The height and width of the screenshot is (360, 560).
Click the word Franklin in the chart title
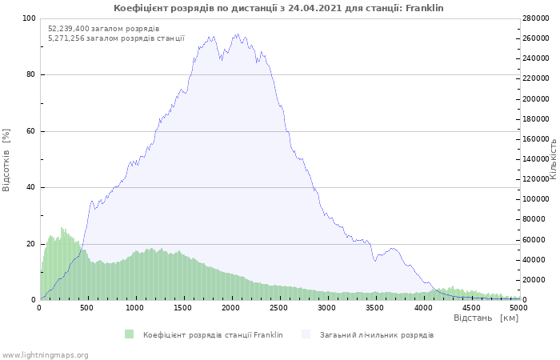coord(425,8)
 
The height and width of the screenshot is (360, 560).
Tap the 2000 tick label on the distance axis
coord(230,308)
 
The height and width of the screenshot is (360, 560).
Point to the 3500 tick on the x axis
coord(374,308)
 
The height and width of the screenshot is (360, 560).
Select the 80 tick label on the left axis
coord(30,74)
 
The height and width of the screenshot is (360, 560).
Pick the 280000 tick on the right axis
coord(536,18)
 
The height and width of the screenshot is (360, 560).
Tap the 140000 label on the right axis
coord(536,159)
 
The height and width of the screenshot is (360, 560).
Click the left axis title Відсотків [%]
coord(6,160)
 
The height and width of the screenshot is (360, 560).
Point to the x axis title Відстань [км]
coord(486,318)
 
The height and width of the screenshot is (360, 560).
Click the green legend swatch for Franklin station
coord(129,334)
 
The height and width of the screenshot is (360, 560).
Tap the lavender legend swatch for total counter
coord(306,334)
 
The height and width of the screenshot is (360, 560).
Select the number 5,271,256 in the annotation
coord(66,38)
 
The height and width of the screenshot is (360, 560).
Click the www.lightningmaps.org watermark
coord(45,355)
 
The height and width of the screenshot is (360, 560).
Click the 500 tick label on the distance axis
coord(86,308)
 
